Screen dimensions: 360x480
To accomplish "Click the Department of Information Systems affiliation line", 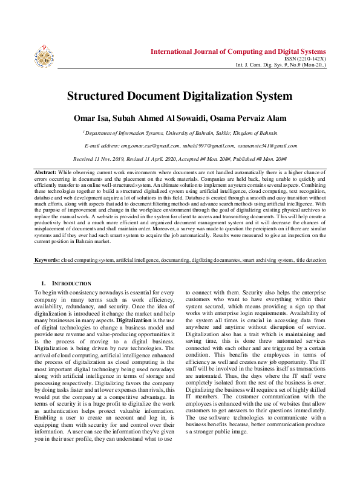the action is [x=180, y=132].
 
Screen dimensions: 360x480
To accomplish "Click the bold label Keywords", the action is [x=46, y=260].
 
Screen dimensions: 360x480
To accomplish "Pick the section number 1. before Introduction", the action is [x=44, y=283].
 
